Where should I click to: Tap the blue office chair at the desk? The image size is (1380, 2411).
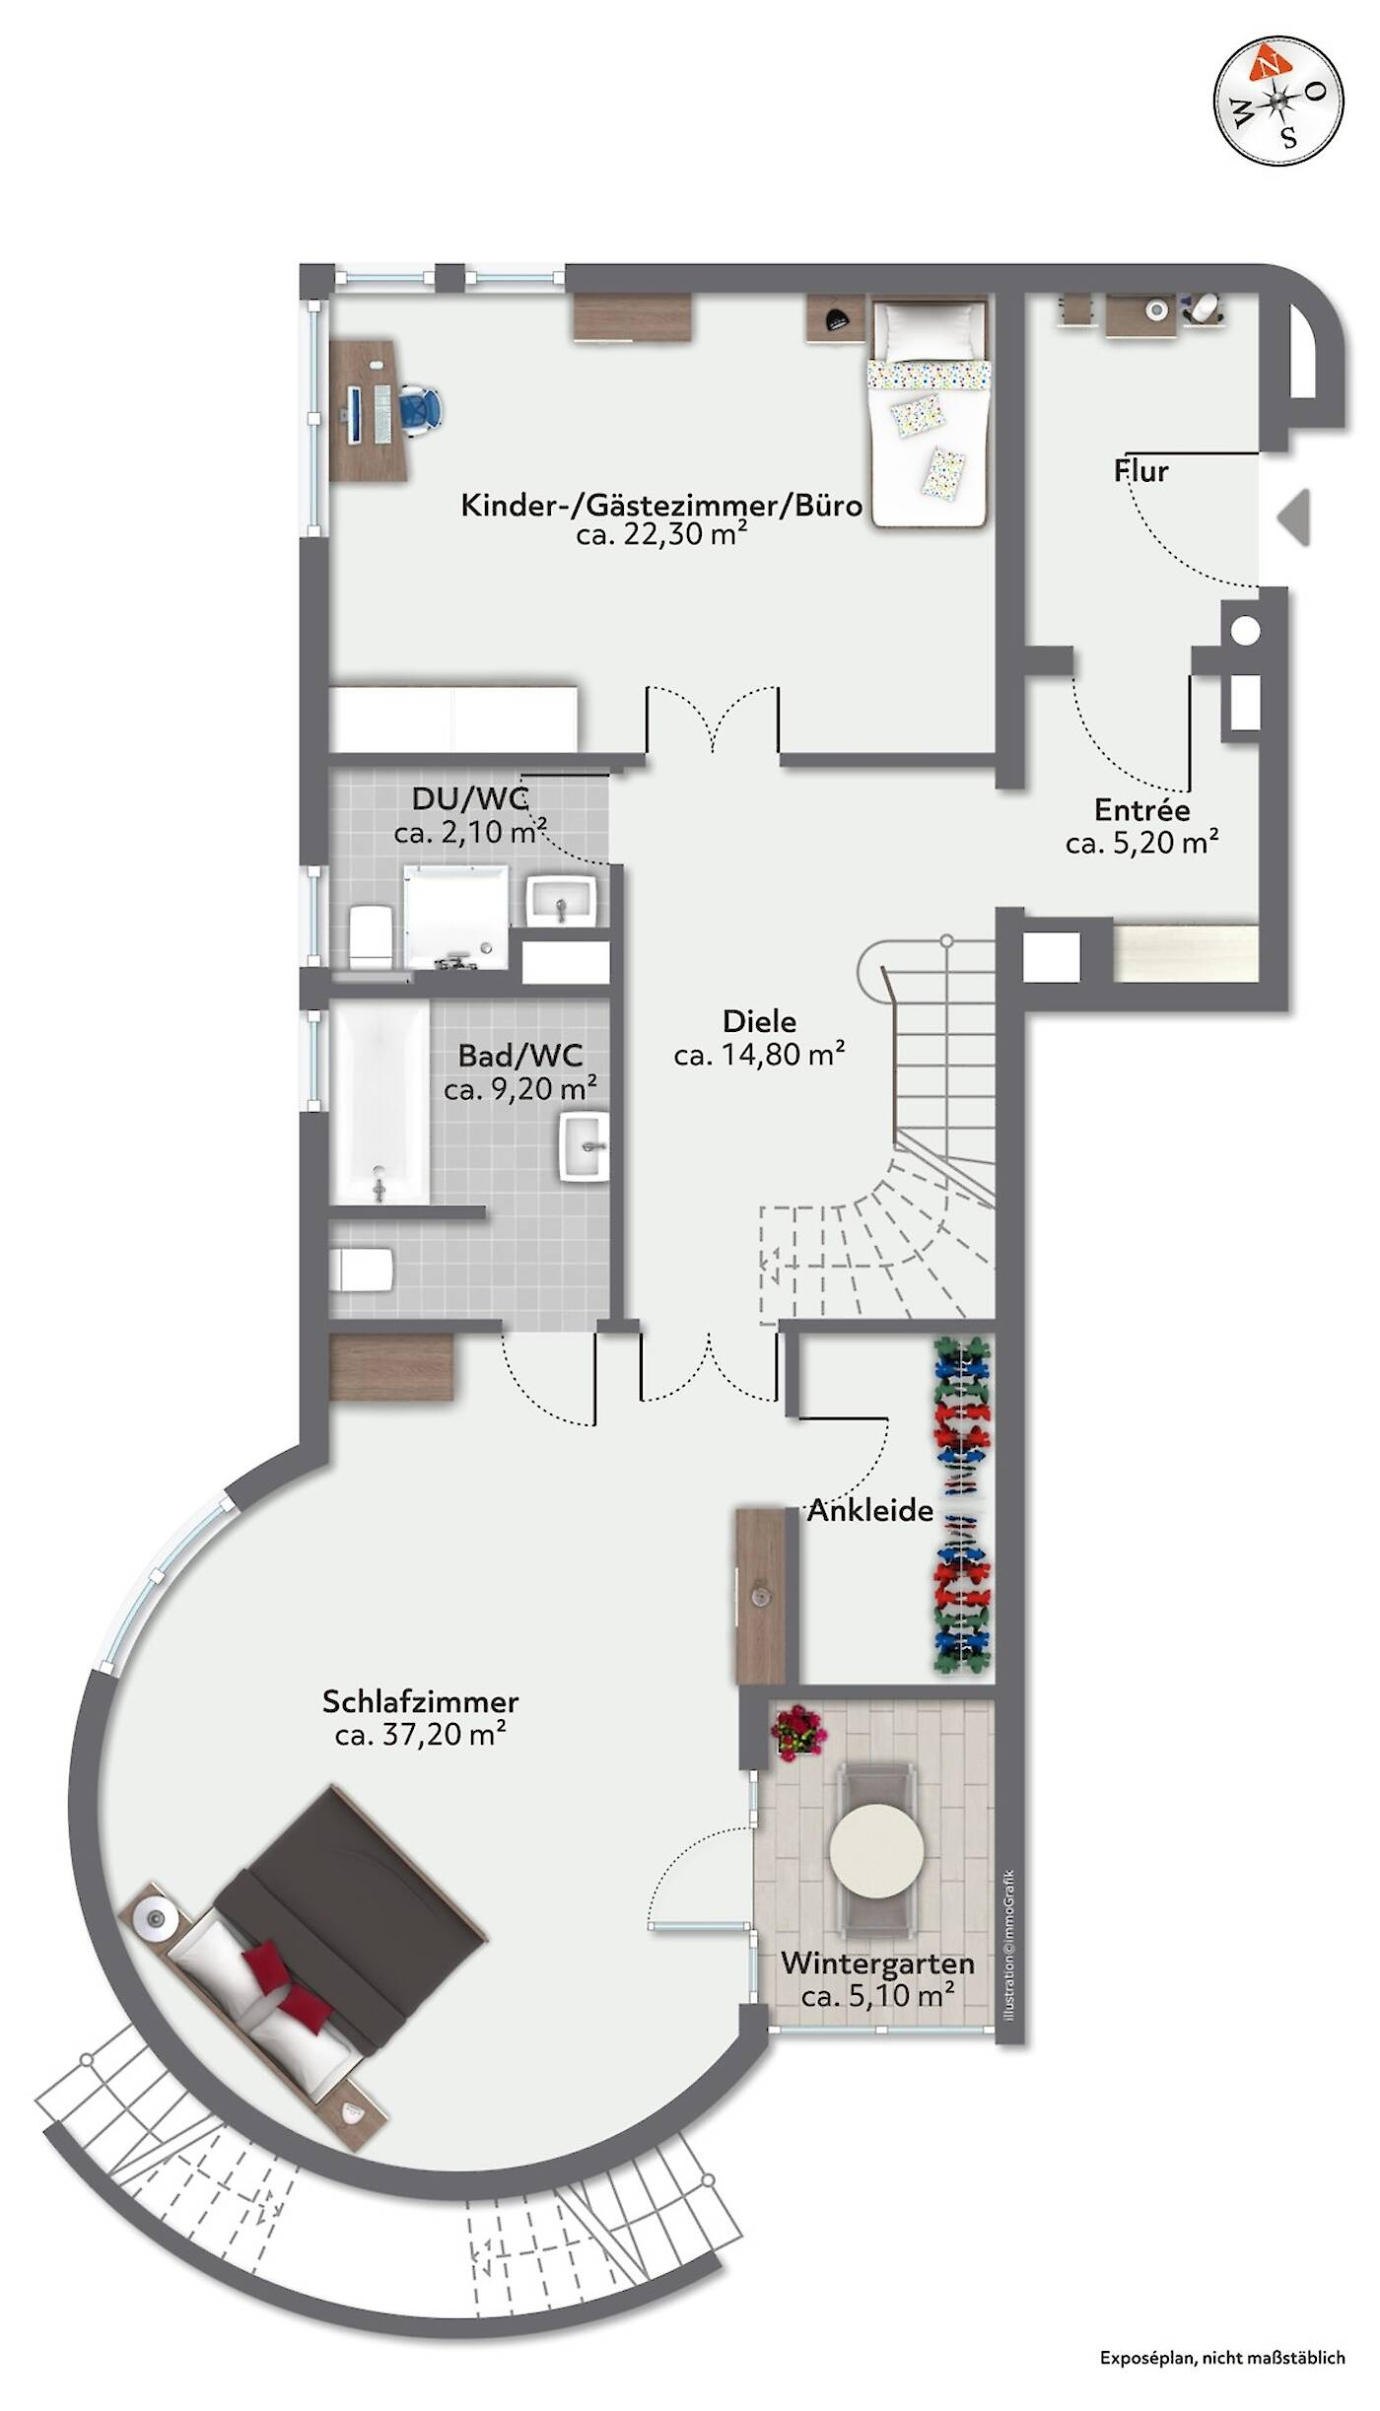(420, 408)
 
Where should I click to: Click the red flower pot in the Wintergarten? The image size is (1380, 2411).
(798, 1734)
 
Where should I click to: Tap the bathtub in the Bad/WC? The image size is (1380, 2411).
(380, 1103)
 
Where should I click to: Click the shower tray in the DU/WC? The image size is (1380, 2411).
(456, 919)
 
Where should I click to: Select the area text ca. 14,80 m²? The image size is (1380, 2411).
(759, 1055)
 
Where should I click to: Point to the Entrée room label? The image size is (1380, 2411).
(1142, 810)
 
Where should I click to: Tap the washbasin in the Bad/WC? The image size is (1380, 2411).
(585, 1146)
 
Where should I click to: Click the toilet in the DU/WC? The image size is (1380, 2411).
(371, 936)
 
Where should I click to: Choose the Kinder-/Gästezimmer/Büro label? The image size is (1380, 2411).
(661, 506)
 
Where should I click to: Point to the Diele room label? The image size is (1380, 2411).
(759, 1021)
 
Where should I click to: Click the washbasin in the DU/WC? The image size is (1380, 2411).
(561, 901)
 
